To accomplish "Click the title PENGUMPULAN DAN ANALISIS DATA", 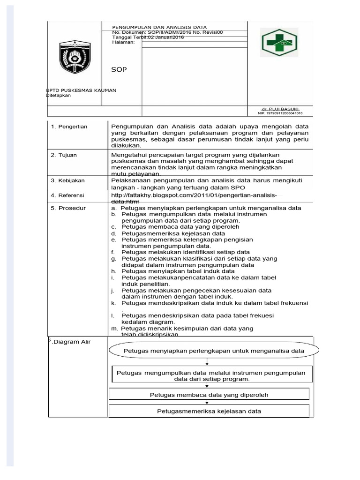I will [159, 27].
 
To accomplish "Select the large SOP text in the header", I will [119, 69].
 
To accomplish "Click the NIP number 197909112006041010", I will [280, 113].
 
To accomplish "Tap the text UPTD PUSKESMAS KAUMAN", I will [81, 90].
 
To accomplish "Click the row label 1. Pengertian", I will [69, 127].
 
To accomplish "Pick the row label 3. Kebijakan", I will [69, 180].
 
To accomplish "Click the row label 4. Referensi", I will [69, 195].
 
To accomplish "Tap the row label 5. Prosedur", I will [68, 208].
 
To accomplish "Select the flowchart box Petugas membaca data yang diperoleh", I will [209, 395].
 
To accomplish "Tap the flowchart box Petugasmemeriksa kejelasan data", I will [209, 411].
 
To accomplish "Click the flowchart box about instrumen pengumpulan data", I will [210, 375].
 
